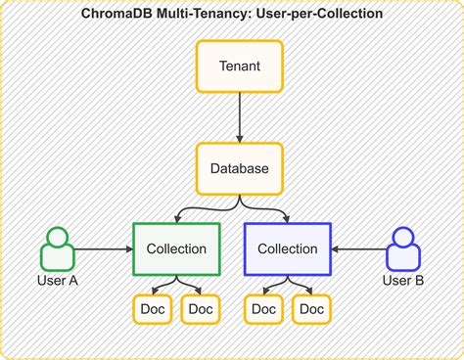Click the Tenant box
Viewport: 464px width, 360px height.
click(x=240, y=67)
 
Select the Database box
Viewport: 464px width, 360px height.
click(x=240, y=168)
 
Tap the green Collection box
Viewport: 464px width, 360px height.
click(x=176, y=248)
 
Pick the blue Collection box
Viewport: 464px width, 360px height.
click(x=287, y=248)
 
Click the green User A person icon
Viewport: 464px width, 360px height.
click(x=58, y=249)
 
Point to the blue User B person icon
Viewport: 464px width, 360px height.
click(x=404, y=249)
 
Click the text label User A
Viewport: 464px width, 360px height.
click(x=58, y=282)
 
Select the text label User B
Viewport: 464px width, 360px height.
click(x=404, y=282)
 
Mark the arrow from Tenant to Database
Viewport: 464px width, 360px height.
click(x=240, y=117)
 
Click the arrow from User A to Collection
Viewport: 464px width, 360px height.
click(x=104, y=249)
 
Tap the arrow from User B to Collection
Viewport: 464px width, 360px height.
click(x=358, y=249)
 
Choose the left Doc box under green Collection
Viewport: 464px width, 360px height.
click(x=152, y=309)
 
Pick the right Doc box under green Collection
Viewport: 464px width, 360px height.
click(x=201, y=309)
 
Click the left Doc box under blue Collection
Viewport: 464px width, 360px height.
click(x=263, y=309)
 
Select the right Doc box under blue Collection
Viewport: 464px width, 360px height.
click(x=312, y=309)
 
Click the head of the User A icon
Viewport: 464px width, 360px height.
click(x=58, y=238)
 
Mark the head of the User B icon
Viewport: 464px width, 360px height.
click(x=404, y=238)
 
